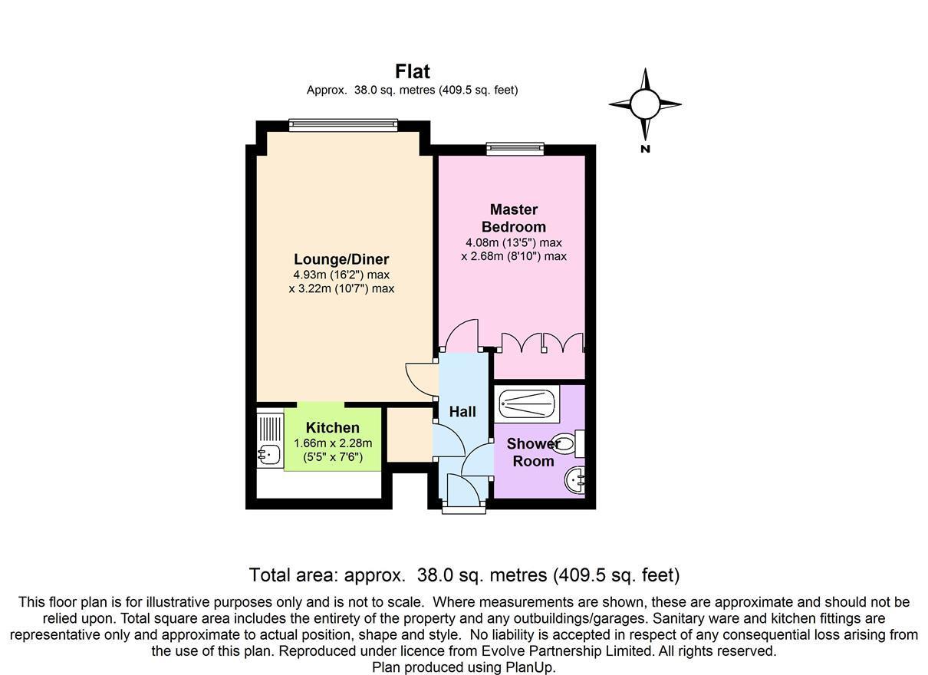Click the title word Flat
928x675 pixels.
click(x=412, y=71)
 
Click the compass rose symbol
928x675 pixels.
click(x=645, y=104)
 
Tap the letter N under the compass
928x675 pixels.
click(x=645, y=149)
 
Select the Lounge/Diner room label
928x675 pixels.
click(x=341, y=259)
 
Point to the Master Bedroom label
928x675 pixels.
click(x=513, y=218)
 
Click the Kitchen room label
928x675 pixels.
click(x=332, y=428)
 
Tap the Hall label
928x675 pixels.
click(x=462, y=412)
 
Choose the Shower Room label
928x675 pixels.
click(x=533, y=453)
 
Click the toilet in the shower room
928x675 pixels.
click(x=568, y=443)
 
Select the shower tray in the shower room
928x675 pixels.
click(x=528, y=403)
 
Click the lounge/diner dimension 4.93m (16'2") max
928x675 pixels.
click(x=341, y=275)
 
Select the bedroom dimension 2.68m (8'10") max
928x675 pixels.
click(x=513, y=256)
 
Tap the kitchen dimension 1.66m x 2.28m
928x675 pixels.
click(x=333, y=443)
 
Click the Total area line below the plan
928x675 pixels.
click(x=464, y=575)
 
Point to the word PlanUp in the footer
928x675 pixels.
click(x=529, y=667)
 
